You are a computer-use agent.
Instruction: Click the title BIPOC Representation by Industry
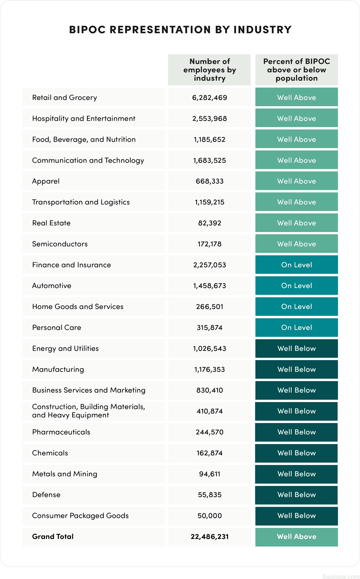click(180, 30)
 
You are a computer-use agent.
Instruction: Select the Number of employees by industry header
click(209, 70)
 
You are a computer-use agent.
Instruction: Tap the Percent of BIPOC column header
click(296, 70)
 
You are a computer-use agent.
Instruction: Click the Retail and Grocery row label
click(65, 98)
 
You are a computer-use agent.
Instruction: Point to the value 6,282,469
click(209, 98)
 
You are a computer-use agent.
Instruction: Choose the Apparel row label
click(46, 181)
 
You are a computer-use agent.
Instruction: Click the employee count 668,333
click(209, 181)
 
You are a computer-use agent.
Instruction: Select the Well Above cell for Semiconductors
click(296, 244)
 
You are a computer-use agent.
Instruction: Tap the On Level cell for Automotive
click(296, 286)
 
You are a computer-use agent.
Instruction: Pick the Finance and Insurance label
click(72, 265)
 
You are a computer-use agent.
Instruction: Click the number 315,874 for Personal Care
click(209, 328)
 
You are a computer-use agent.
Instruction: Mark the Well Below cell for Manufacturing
click(296, 369)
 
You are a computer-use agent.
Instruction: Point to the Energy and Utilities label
click(66, 349)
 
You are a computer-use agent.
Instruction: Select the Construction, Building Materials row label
click(89, 411)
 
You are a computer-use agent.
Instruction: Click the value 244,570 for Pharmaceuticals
click(209, 432)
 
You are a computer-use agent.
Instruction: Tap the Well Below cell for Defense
click(296, 495)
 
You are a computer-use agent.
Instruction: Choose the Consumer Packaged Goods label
click(80, 516)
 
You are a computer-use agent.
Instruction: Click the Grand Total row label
click(53, 537)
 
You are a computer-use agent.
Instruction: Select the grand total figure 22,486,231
click(209, 537)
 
